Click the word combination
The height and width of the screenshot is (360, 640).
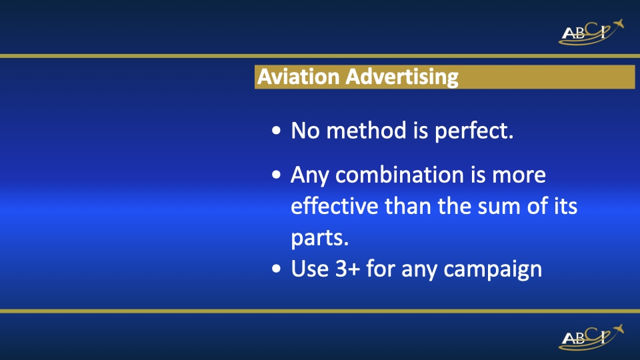tap(399, 175)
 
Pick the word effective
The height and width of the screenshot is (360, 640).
tap(334, 206)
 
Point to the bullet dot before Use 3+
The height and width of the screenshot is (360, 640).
tap(277, 271)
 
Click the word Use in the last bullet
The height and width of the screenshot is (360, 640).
tap(310, 269)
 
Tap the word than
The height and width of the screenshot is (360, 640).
tap(408, 206)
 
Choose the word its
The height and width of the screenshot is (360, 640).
tap(566, 206)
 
